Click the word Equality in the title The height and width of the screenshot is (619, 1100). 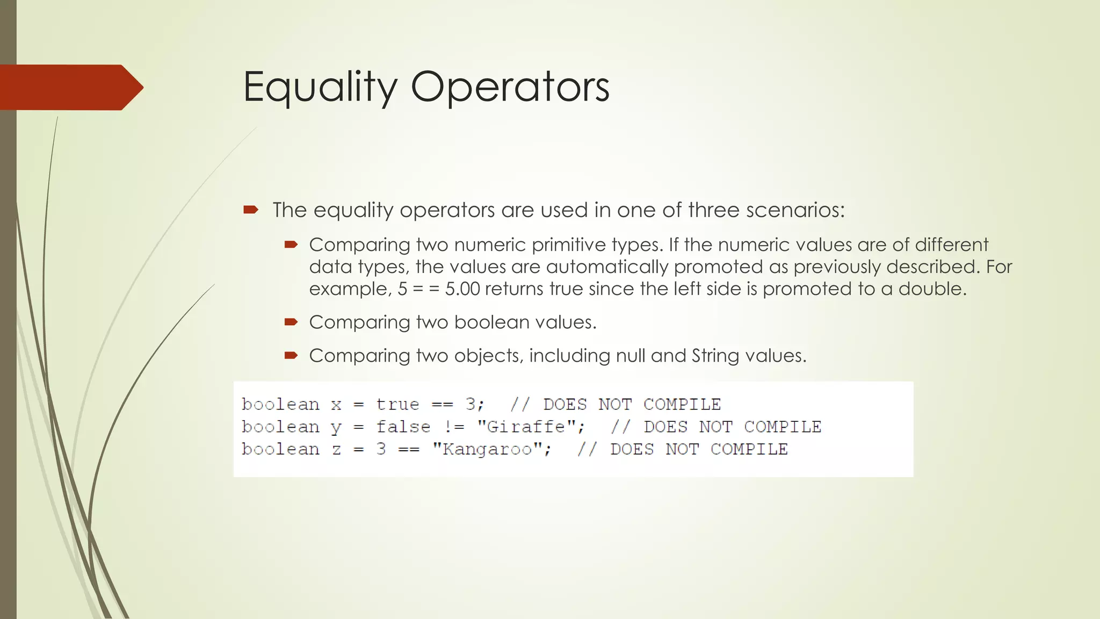pyautogui.click(x=320, y=87)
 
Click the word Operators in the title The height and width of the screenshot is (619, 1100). pyautogui.click(x=510, y=87)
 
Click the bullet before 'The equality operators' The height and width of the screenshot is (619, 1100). pyautogui.click(x=251, y=210)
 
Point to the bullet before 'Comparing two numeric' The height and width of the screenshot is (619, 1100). pyautogui.click(x=291, y=245)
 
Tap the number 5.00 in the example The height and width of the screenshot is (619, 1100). pyautogui.click(x=462, y=289)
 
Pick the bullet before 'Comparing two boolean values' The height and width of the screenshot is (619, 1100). pyautogui.click(x=291, y=322)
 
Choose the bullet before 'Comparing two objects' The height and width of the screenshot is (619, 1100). pyautogui.click(x=291, y=355)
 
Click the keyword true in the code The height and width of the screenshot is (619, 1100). pyautogui.click(x=397, y=404)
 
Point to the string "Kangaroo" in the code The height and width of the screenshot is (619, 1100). pyautogui.click(x=487, y=449)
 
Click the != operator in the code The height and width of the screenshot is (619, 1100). pyautogui.click(x=454, y=427)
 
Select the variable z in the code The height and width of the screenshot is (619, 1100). pyautogui.click(x=336, y=449)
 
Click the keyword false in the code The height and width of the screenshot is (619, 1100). pyautogui.click(x=403, y=427)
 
